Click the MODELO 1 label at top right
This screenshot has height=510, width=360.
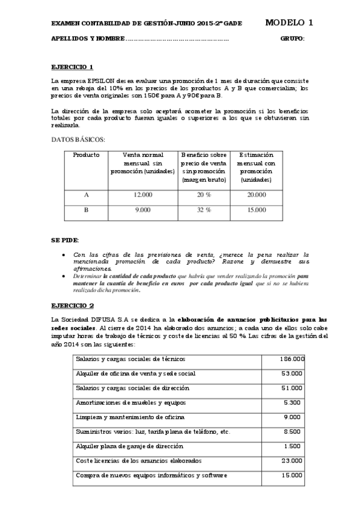pos(288,23)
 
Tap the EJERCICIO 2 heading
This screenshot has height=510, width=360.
pos(72,306)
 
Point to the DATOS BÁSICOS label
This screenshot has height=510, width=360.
pos(78,140)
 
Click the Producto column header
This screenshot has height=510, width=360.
pos(86,155)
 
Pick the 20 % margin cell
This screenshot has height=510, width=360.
pos(204,194)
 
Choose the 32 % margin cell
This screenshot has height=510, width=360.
pos(204,210)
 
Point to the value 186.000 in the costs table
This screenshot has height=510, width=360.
pos(292,359)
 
